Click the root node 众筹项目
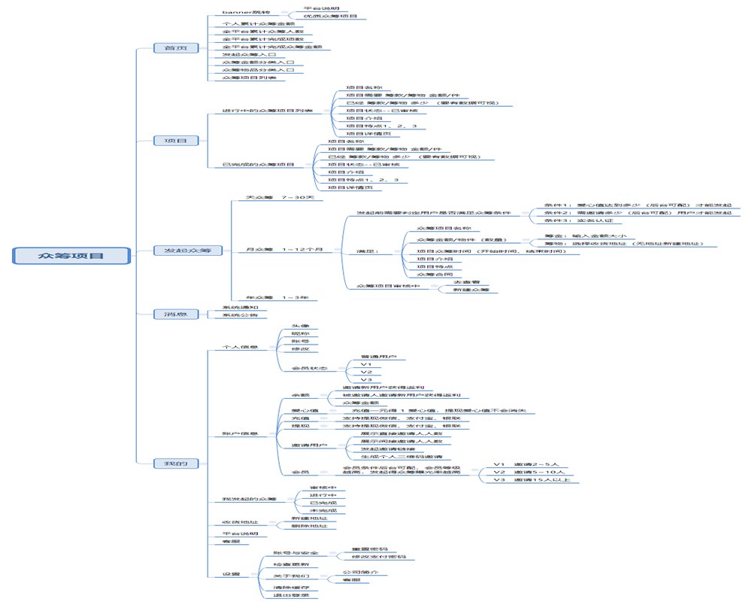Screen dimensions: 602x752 pos(71,257)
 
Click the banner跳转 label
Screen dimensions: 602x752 pos(245,13)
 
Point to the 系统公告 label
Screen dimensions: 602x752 pos(240,315)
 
